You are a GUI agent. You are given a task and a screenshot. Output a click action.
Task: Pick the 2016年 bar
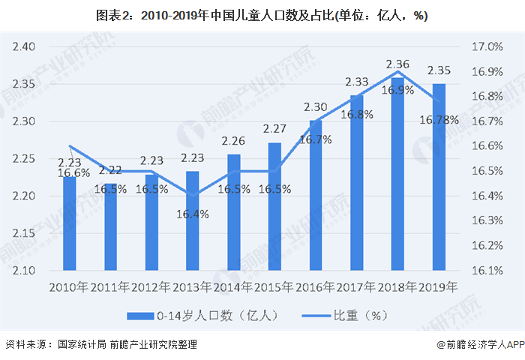[316, 195]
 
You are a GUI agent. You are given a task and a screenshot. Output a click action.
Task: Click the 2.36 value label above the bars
[397, 64]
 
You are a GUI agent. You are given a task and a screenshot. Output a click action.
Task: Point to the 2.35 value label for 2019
[439, 70]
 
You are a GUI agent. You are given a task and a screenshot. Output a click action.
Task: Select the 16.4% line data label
[193, 214]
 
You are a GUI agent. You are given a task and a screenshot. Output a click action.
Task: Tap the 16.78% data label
[439, 119]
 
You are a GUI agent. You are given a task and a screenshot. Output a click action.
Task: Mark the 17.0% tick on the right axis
[487, 46]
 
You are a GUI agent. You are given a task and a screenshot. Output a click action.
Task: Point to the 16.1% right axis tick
[487, 270]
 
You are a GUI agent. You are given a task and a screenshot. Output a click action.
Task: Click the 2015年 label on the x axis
[274, 287]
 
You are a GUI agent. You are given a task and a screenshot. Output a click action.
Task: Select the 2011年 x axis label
[110, 287]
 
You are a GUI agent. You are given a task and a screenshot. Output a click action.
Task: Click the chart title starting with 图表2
[262, 16]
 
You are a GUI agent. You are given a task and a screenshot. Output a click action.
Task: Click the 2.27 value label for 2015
[274, 129]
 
